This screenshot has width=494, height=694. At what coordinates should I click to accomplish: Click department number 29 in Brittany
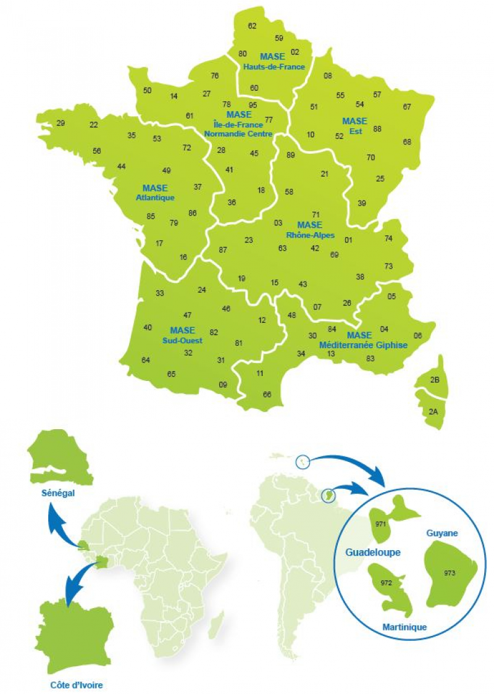61,123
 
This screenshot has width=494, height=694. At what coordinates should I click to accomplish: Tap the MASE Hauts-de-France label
273,62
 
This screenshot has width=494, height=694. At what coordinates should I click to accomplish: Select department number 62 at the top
252,26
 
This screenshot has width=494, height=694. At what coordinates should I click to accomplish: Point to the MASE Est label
354,125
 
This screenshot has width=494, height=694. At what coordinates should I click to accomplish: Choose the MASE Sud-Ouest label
182,335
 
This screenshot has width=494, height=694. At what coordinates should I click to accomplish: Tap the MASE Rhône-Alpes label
310,230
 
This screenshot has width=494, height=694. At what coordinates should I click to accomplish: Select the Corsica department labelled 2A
433,411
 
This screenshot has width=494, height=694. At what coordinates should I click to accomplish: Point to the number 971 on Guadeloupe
380,523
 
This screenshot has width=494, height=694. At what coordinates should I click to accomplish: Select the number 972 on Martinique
387,582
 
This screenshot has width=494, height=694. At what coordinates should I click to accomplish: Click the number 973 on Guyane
450,573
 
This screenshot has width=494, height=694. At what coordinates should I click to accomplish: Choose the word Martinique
404,627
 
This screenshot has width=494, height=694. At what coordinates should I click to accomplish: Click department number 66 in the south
267,394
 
